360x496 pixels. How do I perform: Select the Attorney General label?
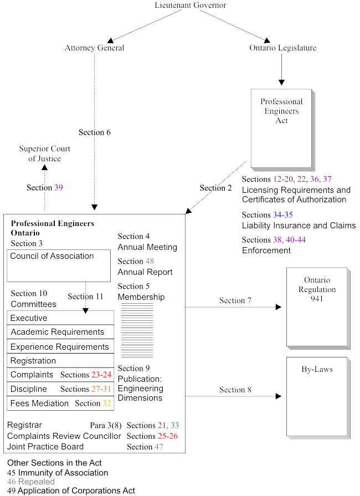tap(94, 48)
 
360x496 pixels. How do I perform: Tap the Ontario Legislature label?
tap(283, 48)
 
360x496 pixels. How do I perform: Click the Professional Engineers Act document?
tap(281, 127)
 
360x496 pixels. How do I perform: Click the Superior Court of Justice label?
tap(44, 154)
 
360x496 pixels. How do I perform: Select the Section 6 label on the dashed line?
tap(95, 132)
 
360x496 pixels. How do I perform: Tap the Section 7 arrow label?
tap(235, 300)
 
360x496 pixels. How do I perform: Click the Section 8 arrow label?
tap(235, 390)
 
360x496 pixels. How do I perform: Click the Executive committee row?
tap(60, 318)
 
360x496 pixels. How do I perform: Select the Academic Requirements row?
tap(60, 333)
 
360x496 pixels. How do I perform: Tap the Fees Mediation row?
tap(60, 403)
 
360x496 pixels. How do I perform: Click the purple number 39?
tap(59, 188)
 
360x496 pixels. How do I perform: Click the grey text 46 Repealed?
tap(31, 482)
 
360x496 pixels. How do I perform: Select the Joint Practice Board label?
tap(45, 447)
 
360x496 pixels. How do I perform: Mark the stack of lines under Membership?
tap(137, 330)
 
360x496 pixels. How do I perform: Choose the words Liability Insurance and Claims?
tap(299, 226)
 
